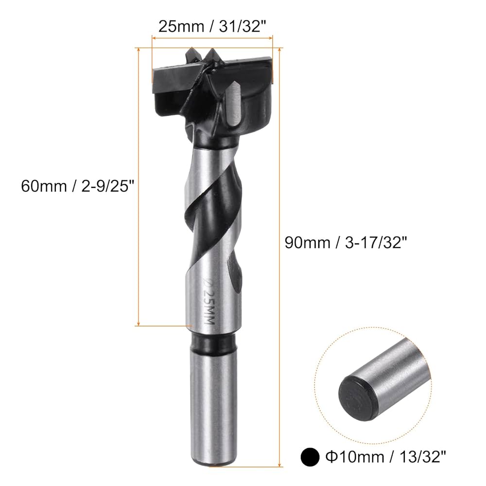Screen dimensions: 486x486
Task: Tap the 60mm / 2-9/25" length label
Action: click(76, 185)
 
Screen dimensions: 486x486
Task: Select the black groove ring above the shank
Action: click(213, 343)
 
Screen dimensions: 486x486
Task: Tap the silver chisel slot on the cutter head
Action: click(234, 104)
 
